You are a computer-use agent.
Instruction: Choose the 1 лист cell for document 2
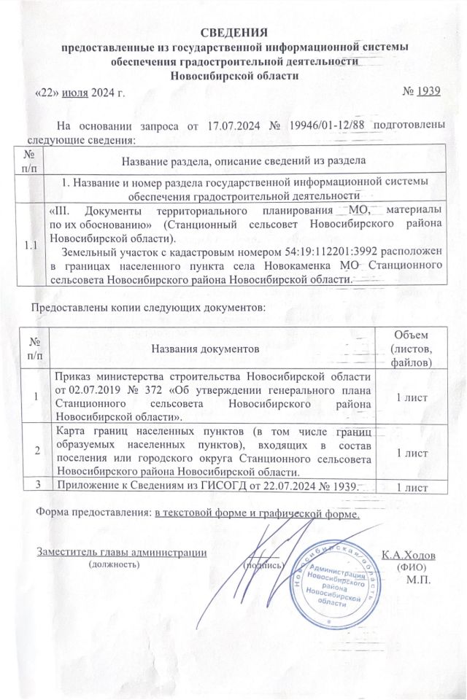tap(411, 452)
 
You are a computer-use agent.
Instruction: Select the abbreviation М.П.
tap(417, 580)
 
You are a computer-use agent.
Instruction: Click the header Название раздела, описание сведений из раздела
tap(244, 160)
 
